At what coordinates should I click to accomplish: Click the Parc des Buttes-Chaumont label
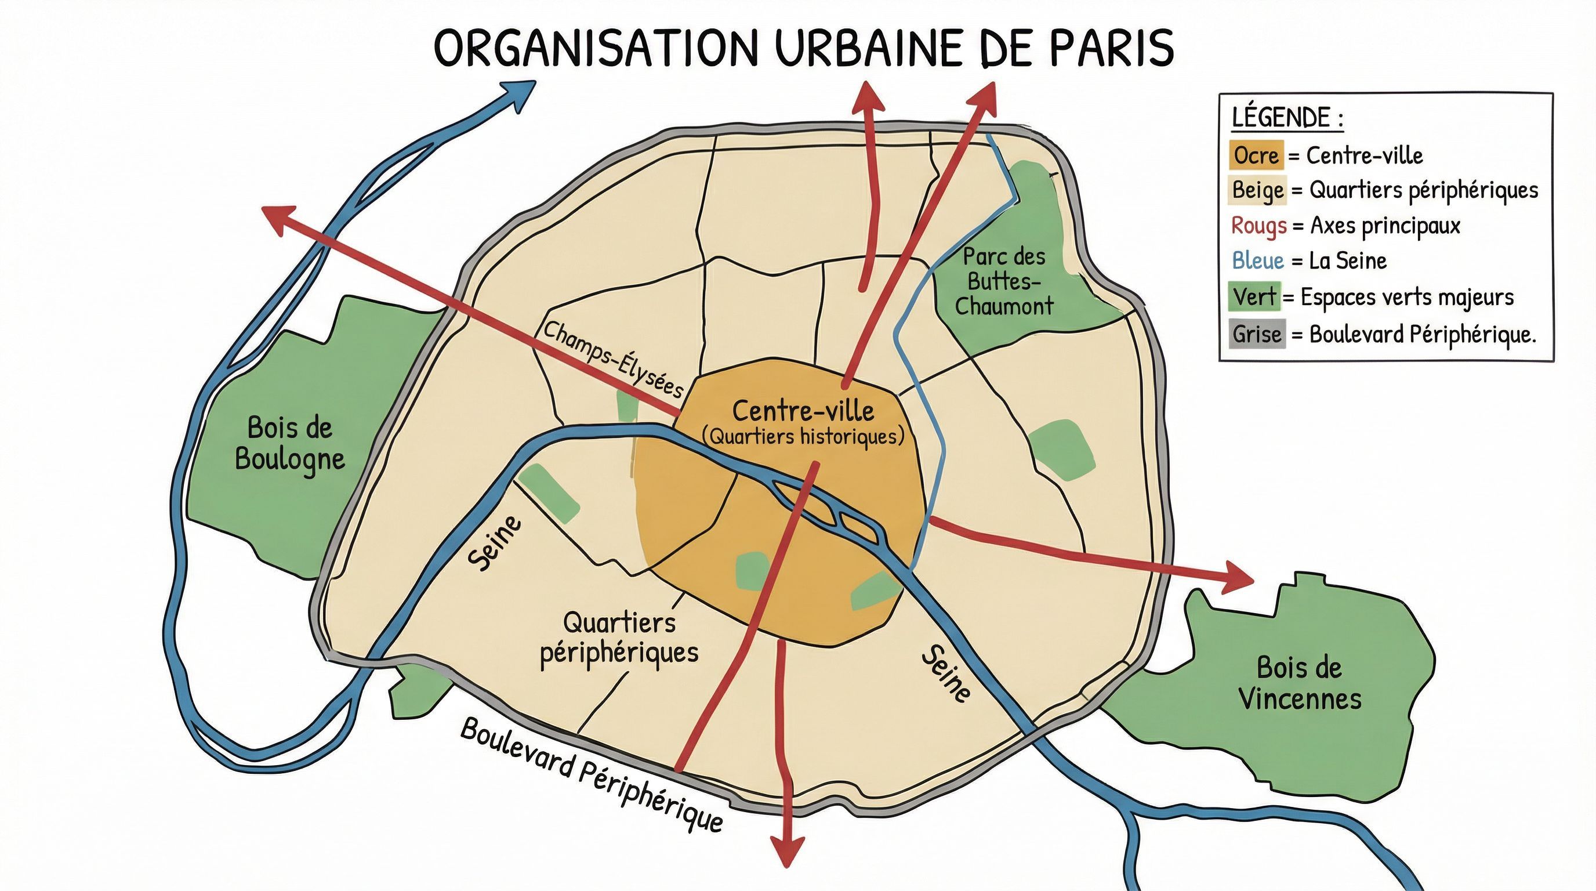pos(1004,281)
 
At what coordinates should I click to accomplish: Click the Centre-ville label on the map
pos(803,411)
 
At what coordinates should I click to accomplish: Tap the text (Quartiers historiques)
pos(803,437)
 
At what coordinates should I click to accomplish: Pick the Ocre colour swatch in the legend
pos(1256,155)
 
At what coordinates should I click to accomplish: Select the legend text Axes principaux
pos(1385,226)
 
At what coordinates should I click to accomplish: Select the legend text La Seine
pos(1348,261)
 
